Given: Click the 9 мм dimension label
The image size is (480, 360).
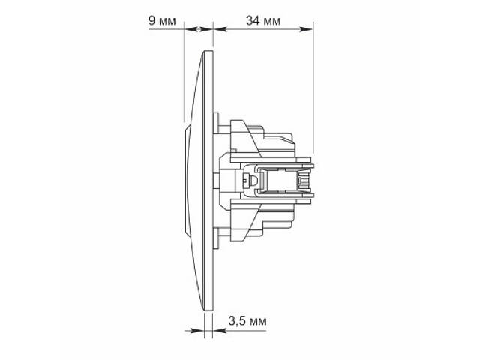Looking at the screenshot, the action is coord(162,21).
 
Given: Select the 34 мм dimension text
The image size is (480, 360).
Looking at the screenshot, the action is coord(263,21).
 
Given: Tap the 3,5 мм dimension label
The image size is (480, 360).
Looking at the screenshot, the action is coord(247,321).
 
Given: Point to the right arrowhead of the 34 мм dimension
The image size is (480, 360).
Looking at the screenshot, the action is coord(306,29).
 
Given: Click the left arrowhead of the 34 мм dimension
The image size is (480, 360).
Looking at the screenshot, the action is coord(220,29).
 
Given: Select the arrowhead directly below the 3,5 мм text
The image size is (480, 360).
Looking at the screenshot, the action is coord(220,331).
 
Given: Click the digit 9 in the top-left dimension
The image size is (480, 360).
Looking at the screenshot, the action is coord(151,21).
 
